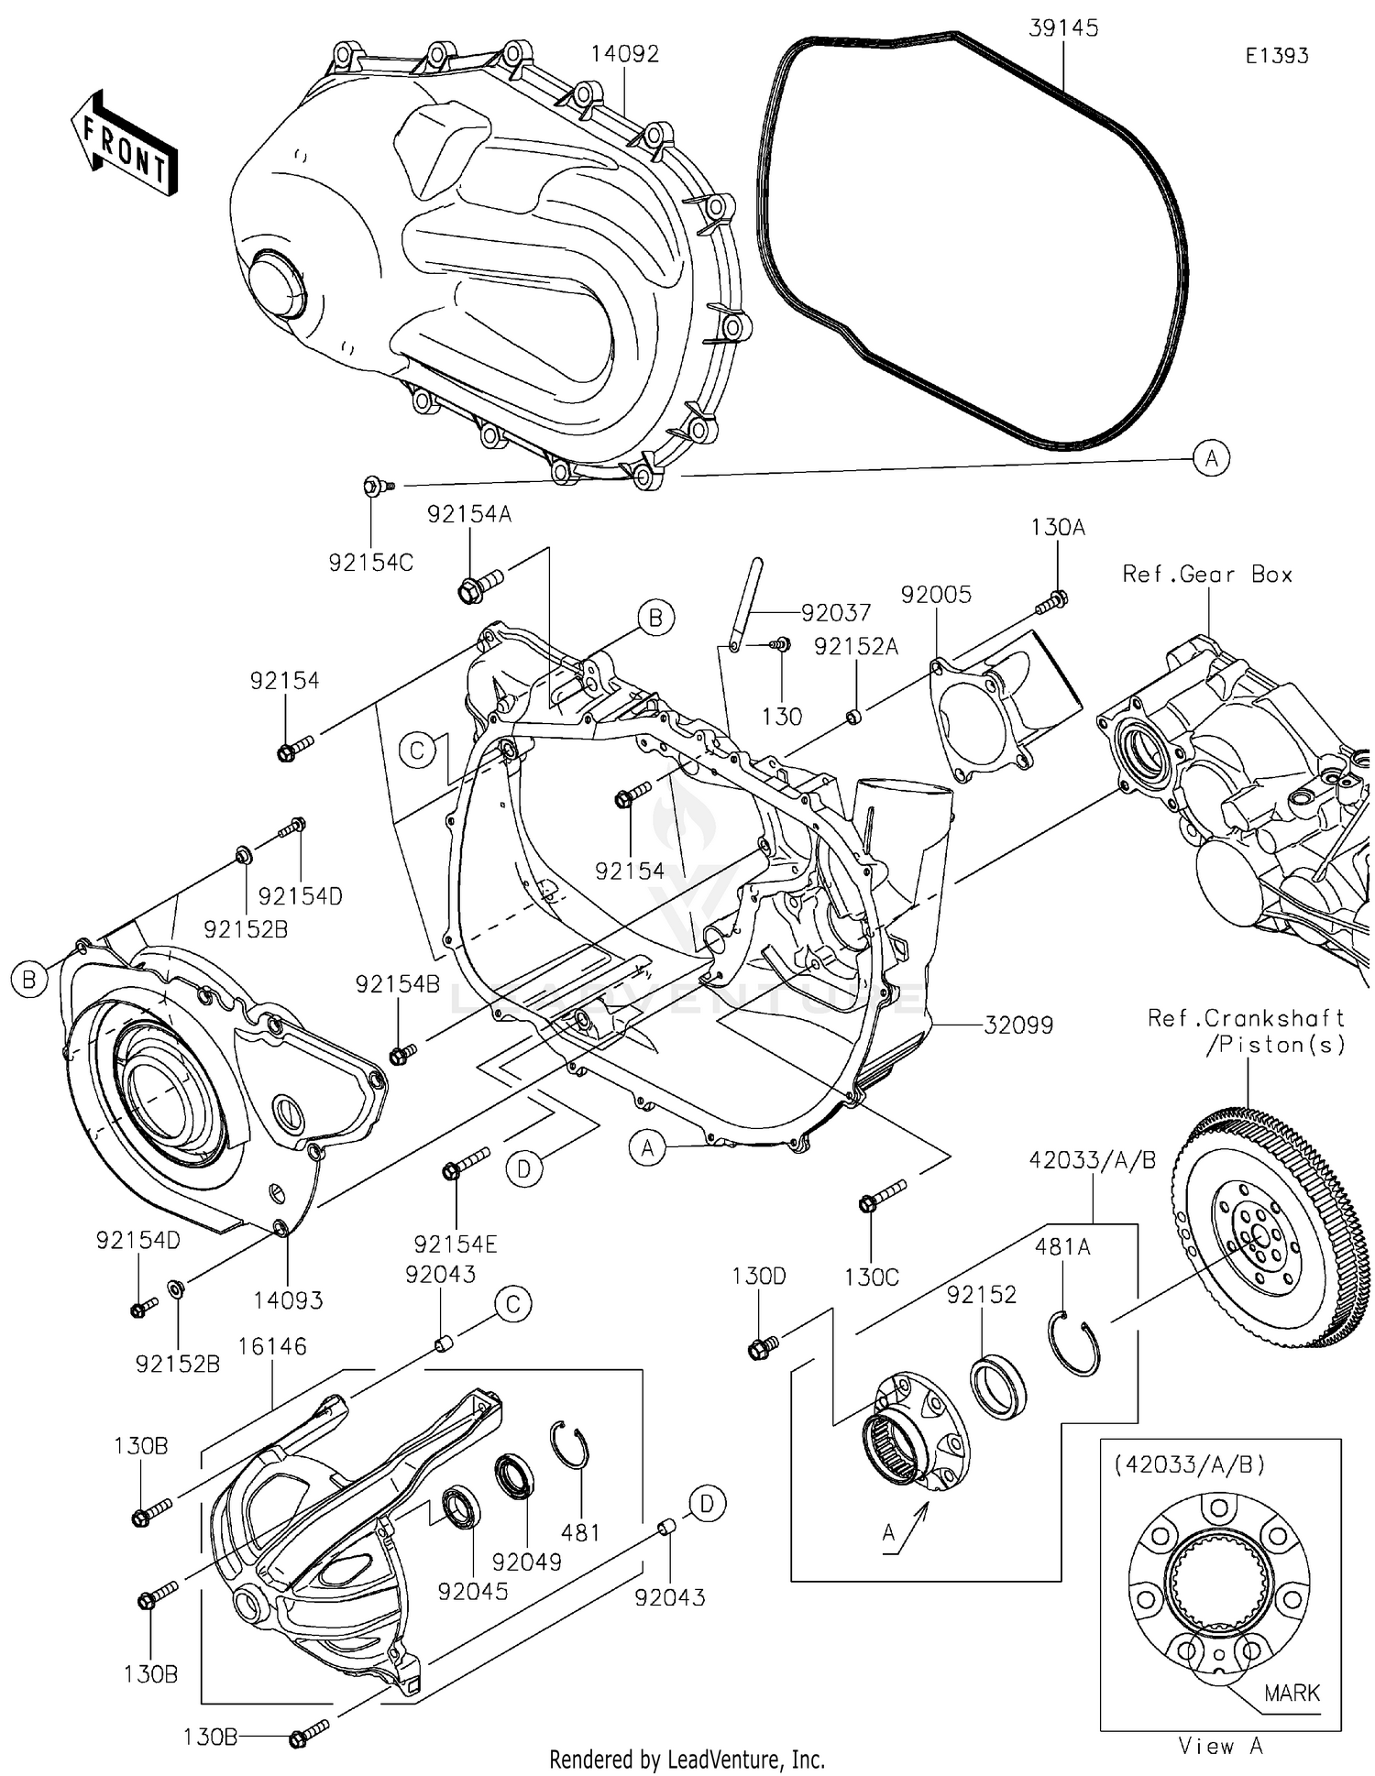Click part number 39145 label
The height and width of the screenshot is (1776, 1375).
1063,28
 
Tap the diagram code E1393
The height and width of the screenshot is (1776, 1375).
1276,56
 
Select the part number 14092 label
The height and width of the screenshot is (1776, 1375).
624,54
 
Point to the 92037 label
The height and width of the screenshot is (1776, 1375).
835,612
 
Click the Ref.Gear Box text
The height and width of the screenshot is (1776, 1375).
1207,575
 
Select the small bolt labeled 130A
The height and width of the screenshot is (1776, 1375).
1051,603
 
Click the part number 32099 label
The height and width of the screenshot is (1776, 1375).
1018,1025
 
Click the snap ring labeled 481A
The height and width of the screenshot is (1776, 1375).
1074,1343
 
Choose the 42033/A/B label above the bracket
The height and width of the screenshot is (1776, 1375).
1092,1160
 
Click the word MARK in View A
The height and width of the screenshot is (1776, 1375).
1292,1693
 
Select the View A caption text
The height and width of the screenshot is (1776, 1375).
1220,1747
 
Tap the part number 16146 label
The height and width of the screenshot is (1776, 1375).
272,1346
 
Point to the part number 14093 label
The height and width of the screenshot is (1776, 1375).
288,1299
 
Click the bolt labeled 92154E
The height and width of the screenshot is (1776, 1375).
466,1165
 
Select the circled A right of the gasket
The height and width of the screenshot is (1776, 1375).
1211,457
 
